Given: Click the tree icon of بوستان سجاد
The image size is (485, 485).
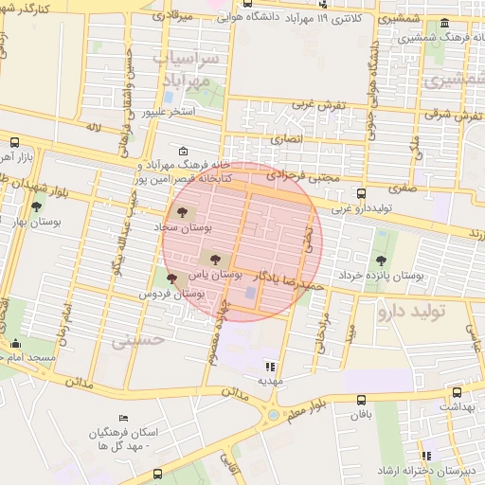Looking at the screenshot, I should click(181, 211).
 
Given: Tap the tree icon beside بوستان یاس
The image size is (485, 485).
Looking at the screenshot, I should click(211, 256).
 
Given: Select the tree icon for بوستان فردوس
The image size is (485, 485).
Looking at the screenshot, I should click(171, 278).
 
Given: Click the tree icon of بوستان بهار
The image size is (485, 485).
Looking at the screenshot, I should click(37, 206).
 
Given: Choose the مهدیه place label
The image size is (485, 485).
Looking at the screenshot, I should click(271, 381).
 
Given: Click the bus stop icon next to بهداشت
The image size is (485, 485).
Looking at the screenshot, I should click(458, 392).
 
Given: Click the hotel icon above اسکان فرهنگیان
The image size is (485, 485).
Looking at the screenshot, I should click(123, 418).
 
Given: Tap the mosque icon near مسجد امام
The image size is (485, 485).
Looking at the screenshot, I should click(15, 345).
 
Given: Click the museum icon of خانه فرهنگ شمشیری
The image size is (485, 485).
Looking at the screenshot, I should click(445, 22).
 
